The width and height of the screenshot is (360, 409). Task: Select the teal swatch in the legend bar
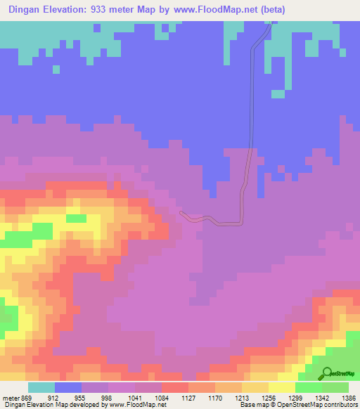(x=41, y=387)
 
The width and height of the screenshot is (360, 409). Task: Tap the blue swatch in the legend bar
(x=68, y=387)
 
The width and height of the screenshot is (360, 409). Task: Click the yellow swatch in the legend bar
(x=281, y=387)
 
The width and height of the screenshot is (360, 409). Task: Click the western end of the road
(x=181, y=212)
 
